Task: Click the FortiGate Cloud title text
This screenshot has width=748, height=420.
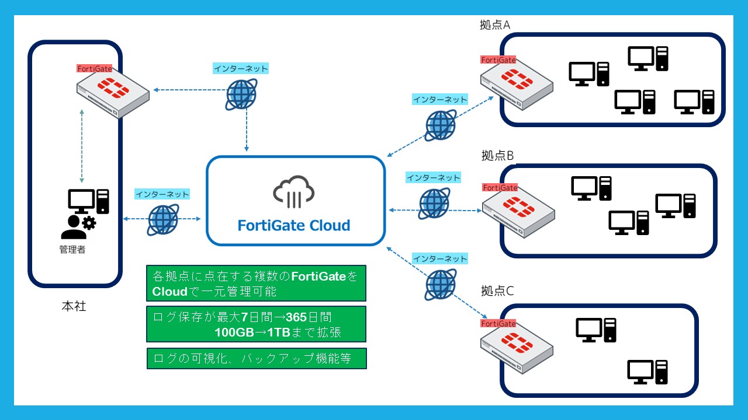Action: [x=294, y=226]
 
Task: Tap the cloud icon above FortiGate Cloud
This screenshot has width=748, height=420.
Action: [x=294, y=192]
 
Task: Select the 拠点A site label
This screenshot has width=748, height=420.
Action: [x=495, y=24]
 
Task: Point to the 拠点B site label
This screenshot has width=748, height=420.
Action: [x=497, y=155]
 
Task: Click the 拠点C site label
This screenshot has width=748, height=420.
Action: [x=497, y=290]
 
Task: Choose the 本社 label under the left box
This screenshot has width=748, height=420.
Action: [x=74, y=306]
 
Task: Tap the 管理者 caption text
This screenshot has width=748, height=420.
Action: [x=72, y=249]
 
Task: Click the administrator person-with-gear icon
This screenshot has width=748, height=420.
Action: [x=79, y=227]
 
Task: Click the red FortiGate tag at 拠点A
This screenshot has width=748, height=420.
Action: [x=498, y=60]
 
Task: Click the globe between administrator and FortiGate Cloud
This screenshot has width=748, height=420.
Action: [x=163, y=220]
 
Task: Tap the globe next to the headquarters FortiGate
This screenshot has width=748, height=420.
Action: [x=241, y=94]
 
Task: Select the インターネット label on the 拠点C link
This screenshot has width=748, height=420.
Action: [x=440, y=258]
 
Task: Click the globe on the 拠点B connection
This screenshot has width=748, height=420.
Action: [x=434, y=204]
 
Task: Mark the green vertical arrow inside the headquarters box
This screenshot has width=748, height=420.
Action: [x=82, y=146]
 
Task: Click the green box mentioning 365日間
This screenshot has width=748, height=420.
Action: [x=256, y=324]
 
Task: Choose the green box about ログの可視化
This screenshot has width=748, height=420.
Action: [x=257, y=358]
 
